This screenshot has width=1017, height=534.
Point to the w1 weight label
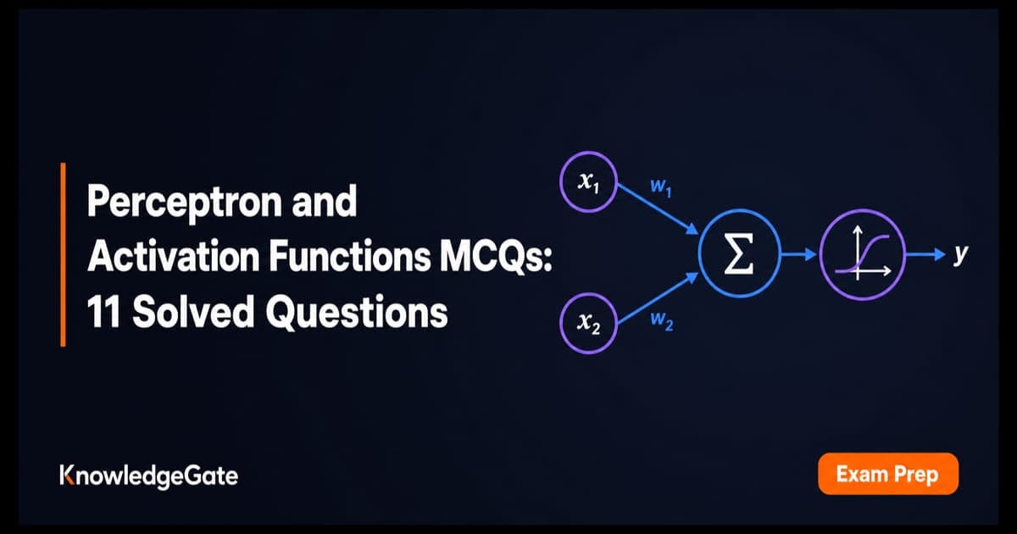tap(660, 187)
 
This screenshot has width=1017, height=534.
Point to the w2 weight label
tap(662, 320)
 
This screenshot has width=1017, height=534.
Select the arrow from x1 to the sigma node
tap(658, 209)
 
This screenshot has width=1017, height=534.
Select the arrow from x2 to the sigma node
tap(658, 298)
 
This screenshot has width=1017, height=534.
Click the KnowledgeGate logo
tap(149, 476)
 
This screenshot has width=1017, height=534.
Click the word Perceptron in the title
tap(184, 203)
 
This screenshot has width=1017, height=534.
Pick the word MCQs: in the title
tap(496, 257)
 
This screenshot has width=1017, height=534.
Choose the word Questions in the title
tap(357, 312)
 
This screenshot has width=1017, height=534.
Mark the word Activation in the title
tap(174, 256)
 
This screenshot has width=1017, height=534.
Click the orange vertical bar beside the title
tap(63, 254)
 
